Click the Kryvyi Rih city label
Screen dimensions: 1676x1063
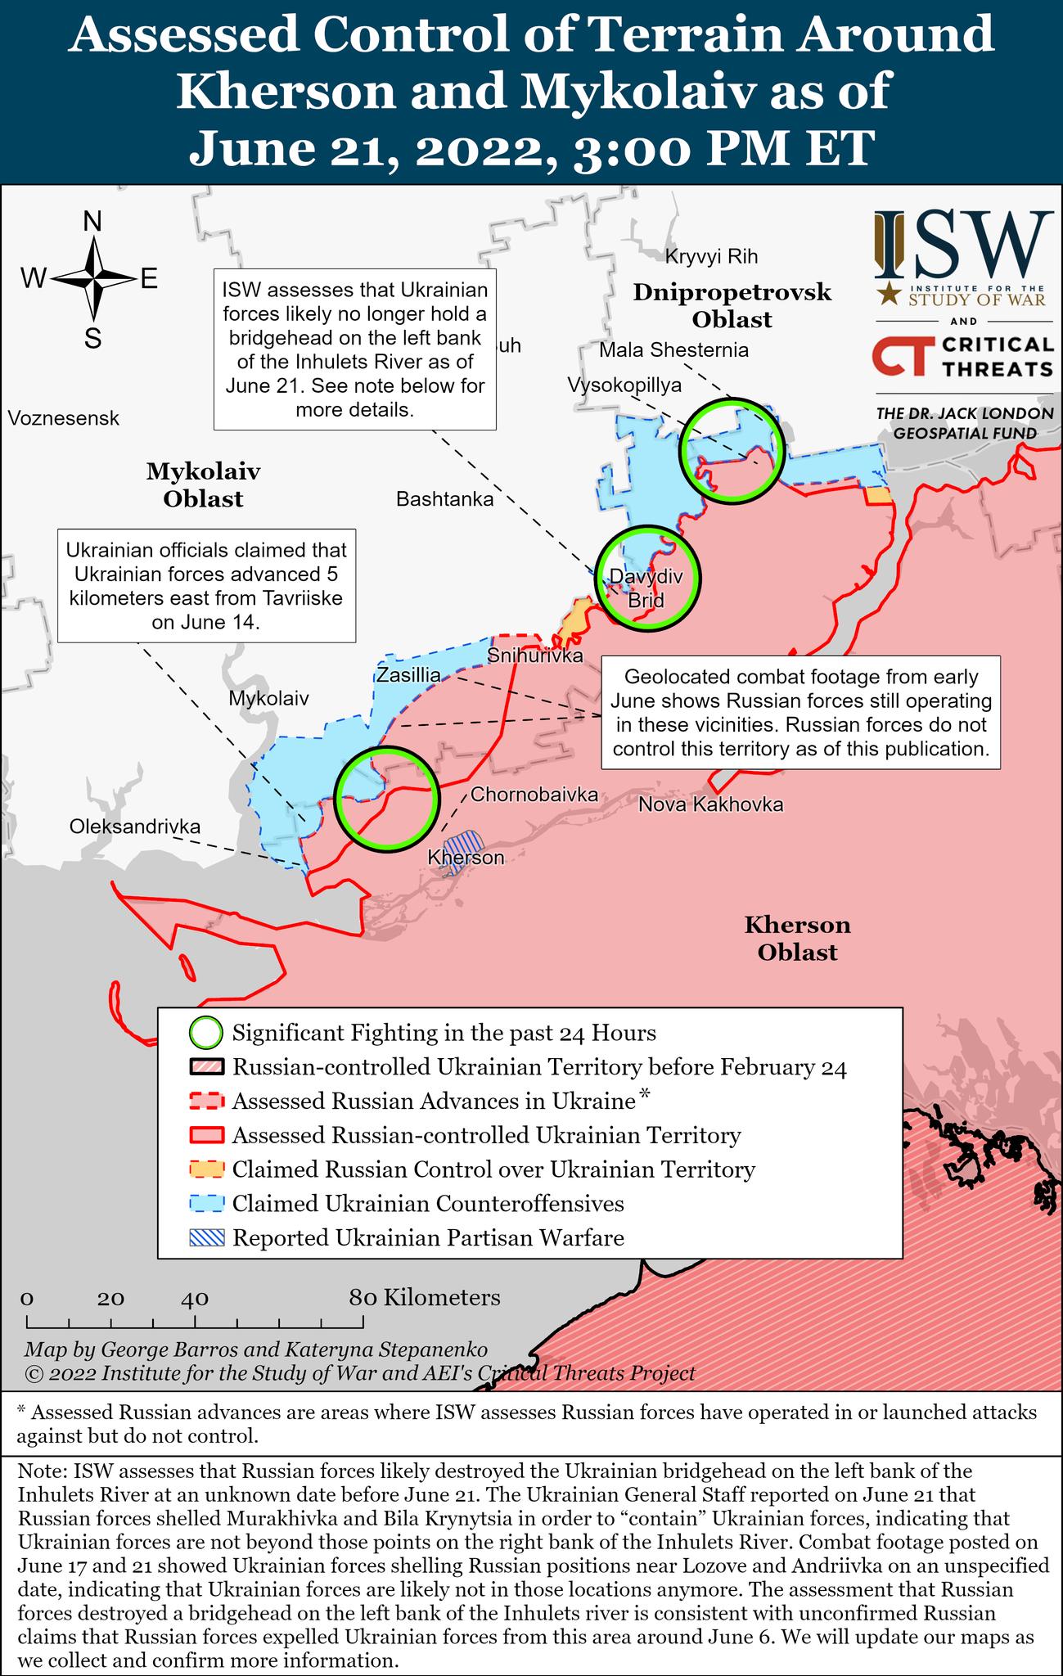(711, 257)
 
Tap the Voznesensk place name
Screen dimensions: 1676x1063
(64, 419)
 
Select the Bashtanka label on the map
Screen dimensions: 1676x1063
(444, 499)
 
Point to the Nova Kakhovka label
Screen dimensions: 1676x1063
(710, 804)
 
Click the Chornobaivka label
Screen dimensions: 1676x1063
(534, 794)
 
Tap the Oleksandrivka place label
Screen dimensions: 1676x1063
(134, 827)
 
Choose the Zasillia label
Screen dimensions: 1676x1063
(408, 676)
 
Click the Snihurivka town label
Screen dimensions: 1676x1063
(534, 656)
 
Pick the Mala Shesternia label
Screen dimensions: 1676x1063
(673, 350)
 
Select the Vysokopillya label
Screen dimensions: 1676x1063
(624, 385)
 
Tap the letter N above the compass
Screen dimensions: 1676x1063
(93, 222)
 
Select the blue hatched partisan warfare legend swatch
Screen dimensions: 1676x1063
(205, 1238)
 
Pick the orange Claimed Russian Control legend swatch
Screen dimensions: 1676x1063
(205, 1169)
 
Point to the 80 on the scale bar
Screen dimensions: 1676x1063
(363, 1298)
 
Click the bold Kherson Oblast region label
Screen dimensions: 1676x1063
(797, 939)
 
